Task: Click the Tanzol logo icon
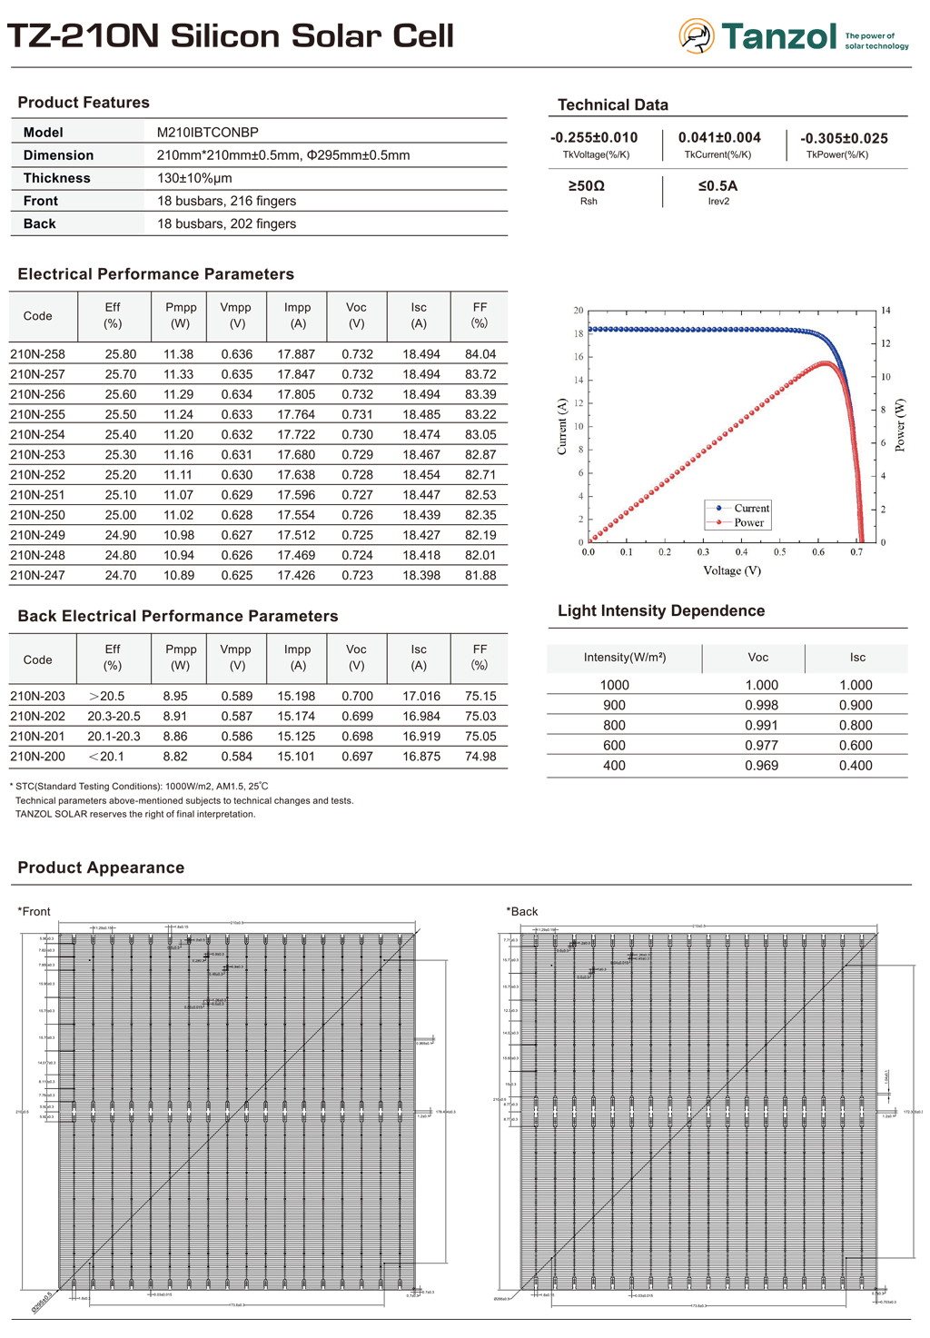[x=696, y=35]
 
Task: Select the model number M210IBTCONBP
[x=207, y=133]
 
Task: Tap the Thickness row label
[x=56, y=178]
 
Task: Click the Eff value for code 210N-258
[x=120, y=354]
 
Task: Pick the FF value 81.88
[x=480, y=575]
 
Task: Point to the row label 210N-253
[x=37, y=455]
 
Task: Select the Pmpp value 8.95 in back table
[x=175, y=697]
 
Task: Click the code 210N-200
[x=37, y=757]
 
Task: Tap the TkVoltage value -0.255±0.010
[x=594, y=138]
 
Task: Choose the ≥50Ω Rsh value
[x=587, y=186]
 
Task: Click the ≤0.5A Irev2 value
[x=717, y=186]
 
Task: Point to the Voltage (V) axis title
[x=732, y=570]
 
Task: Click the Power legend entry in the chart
[x=748, y=522]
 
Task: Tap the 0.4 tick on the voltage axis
[x=741, y=552]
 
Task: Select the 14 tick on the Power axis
[x=885, y=311]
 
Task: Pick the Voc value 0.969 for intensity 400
[x=761, y=766]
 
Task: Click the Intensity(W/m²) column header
[x=624, y=658]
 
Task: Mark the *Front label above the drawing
[x=35, y=912]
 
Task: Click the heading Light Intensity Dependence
[x=660, y=611]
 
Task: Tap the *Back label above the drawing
[x=522, y=912]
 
